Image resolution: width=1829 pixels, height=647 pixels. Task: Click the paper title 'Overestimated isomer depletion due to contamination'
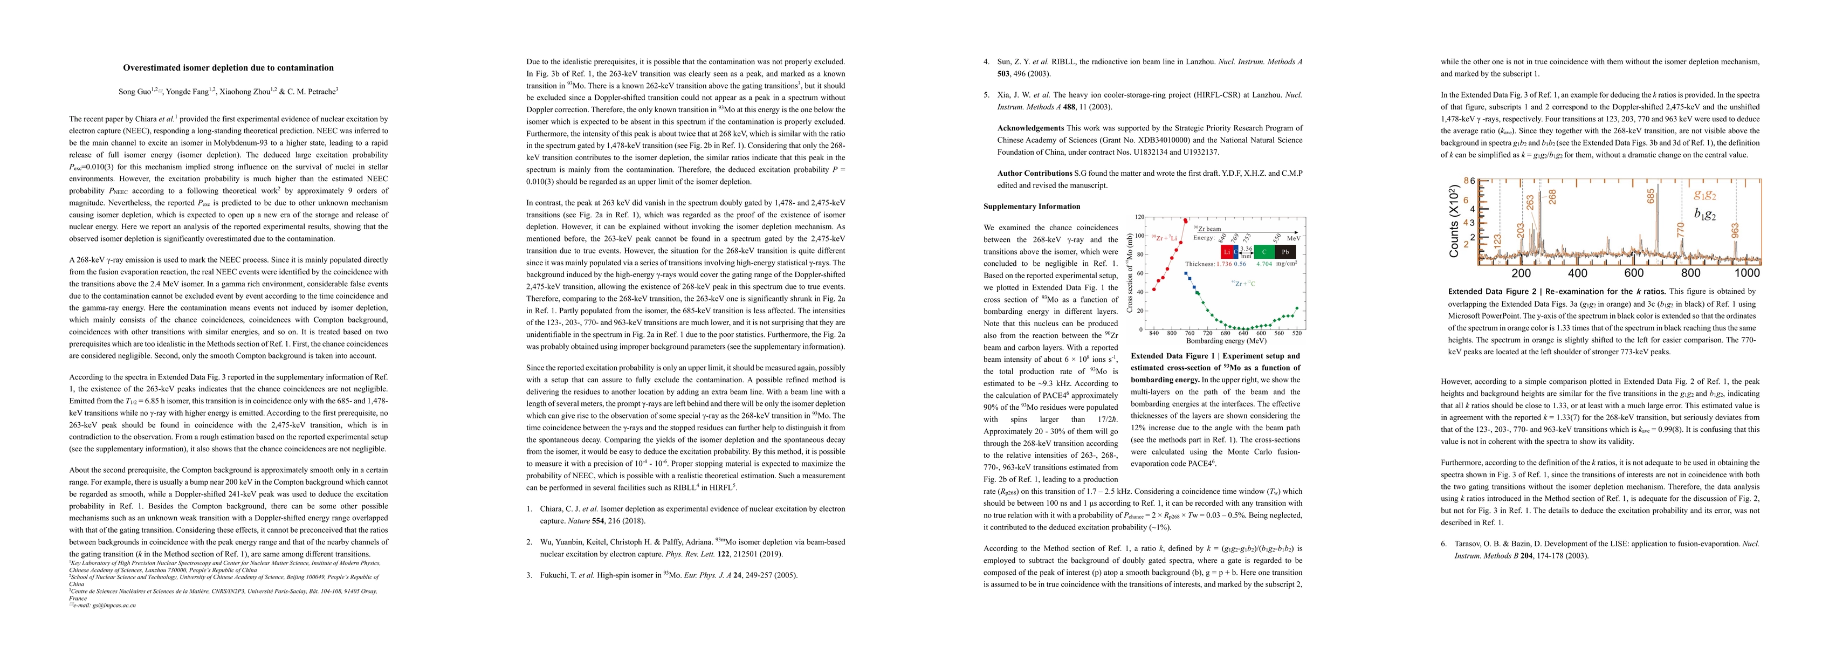[228, 68]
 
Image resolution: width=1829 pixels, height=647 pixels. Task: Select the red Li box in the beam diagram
[1226, 251]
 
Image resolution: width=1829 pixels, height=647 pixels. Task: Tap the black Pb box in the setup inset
[1285, 251]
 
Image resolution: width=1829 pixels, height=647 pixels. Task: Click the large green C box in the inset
[1264, 251]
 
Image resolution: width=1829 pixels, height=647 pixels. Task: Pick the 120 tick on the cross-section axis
[1139, 217]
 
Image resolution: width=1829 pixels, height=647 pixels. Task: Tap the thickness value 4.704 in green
[1264, 264]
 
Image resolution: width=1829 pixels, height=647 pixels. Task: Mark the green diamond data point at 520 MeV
[1297, 308]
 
